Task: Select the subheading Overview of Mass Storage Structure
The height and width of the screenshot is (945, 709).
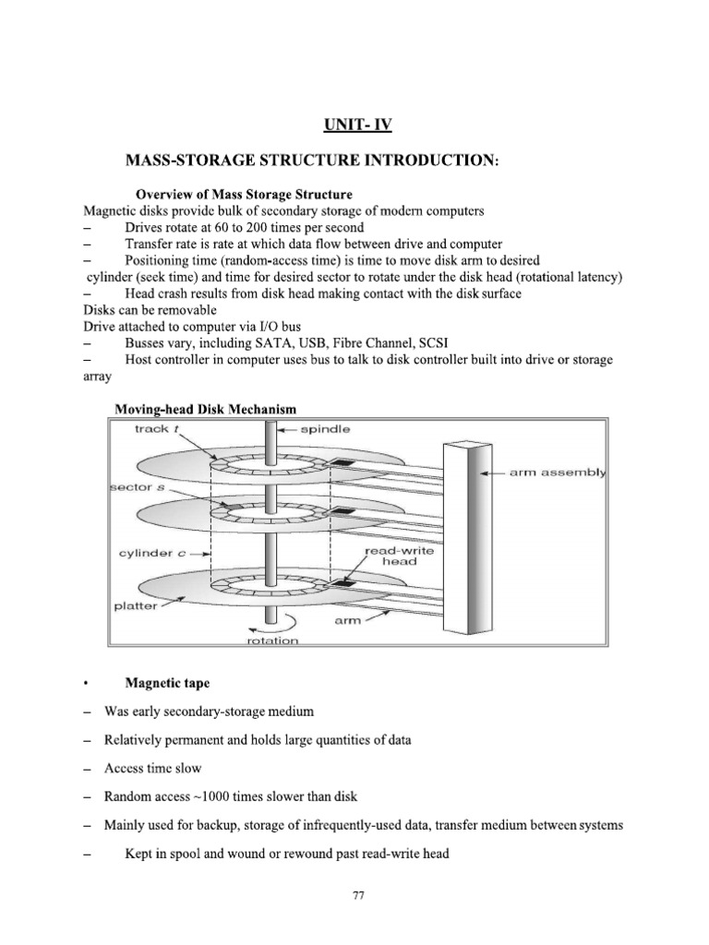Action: [x=244, y=195]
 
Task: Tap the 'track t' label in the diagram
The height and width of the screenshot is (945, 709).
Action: [x=138, y=429]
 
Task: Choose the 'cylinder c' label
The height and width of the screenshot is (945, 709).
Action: [x=149, y=553]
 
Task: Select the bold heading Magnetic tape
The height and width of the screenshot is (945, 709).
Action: [x=167, y=683]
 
